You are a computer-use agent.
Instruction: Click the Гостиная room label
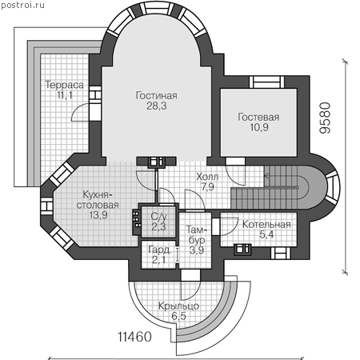click(x=157, y=95)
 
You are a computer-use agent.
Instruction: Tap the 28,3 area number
click(x=157, y=106)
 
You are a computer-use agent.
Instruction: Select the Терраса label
click(x=65, y=85)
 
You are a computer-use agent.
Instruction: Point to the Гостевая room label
click(x=258, y=117)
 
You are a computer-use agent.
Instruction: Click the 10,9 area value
click(x=259, y=127)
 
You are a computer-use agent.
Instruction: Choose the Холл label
click(x=207, y=177)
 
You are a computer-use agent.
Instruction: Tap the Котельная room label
click(x=266, y=225)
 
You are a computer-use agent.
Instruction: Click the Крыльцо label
click(x=178, y=306)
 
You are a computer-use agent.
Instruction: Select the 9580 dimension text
click(x=325, y=118)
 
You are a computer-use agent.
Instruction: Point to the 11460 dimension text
click(x=134, y=337)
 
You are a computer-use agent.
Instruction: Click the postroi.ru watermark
click(x=22, y=5)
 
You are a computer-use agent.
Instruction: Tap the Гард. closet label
click(x=160, y=250)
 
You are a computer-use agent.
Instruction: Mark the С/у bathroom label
click(x=159, y=216)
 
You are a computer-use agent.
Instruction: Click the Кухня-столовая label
click(x=98, y=200)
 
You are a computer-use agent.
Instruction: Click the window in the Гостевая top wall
click(x=266, y=82)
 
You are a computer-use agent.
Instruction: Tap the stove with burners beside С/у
click(x=137, y=220)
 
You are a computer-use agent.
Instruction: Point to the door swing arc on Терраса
click(x=80, y=113)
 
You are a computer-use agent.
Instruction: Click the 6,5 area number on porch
click(x=178, y=316)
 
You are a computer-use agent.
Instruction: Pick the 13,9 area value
click(x=98, y=215)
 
